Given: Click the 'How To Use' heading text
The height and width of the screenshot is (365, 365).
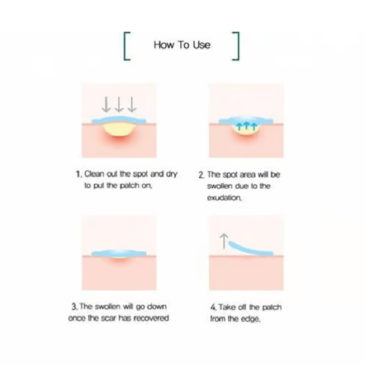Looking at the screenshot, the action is pyautogui.click(x=182, y=45).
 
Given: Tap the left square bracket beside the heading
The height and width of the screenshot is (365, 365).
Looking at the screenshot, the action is pyautogui.click(x=125, y=46).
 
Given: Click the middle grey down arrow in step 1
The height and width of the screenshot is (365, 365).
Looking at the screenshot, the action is pyautogui.click(x=119, y=104).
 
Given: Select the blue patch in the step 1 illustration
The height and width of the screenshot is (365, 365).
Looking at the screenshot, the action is pyautogui.click(x=119, y=120).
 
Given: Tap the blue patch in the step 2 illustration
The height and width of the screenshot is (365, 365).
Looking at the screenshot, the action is pyautogui.click(x=246, y=120).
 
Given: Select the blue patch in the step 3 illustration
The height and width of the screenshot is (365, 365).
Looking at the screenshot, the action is pyautogui.click(x=119, y=253).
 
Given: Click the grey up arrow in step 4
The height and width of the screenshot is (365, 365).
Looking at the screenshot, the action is pyautogui.click(x=224, y=241).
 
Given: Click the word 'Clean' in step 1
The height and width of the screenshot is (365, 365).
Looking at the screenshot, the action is pyautogui.click(x=94, y=174).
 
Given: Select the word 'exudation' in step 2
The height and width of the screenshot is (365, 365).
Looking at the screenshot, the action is pyautogui.click(x=224, y=198).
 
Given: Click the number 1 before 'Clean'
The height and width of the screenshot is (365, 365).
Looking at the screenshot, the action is pyautogui.click(x=78, y=174).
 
